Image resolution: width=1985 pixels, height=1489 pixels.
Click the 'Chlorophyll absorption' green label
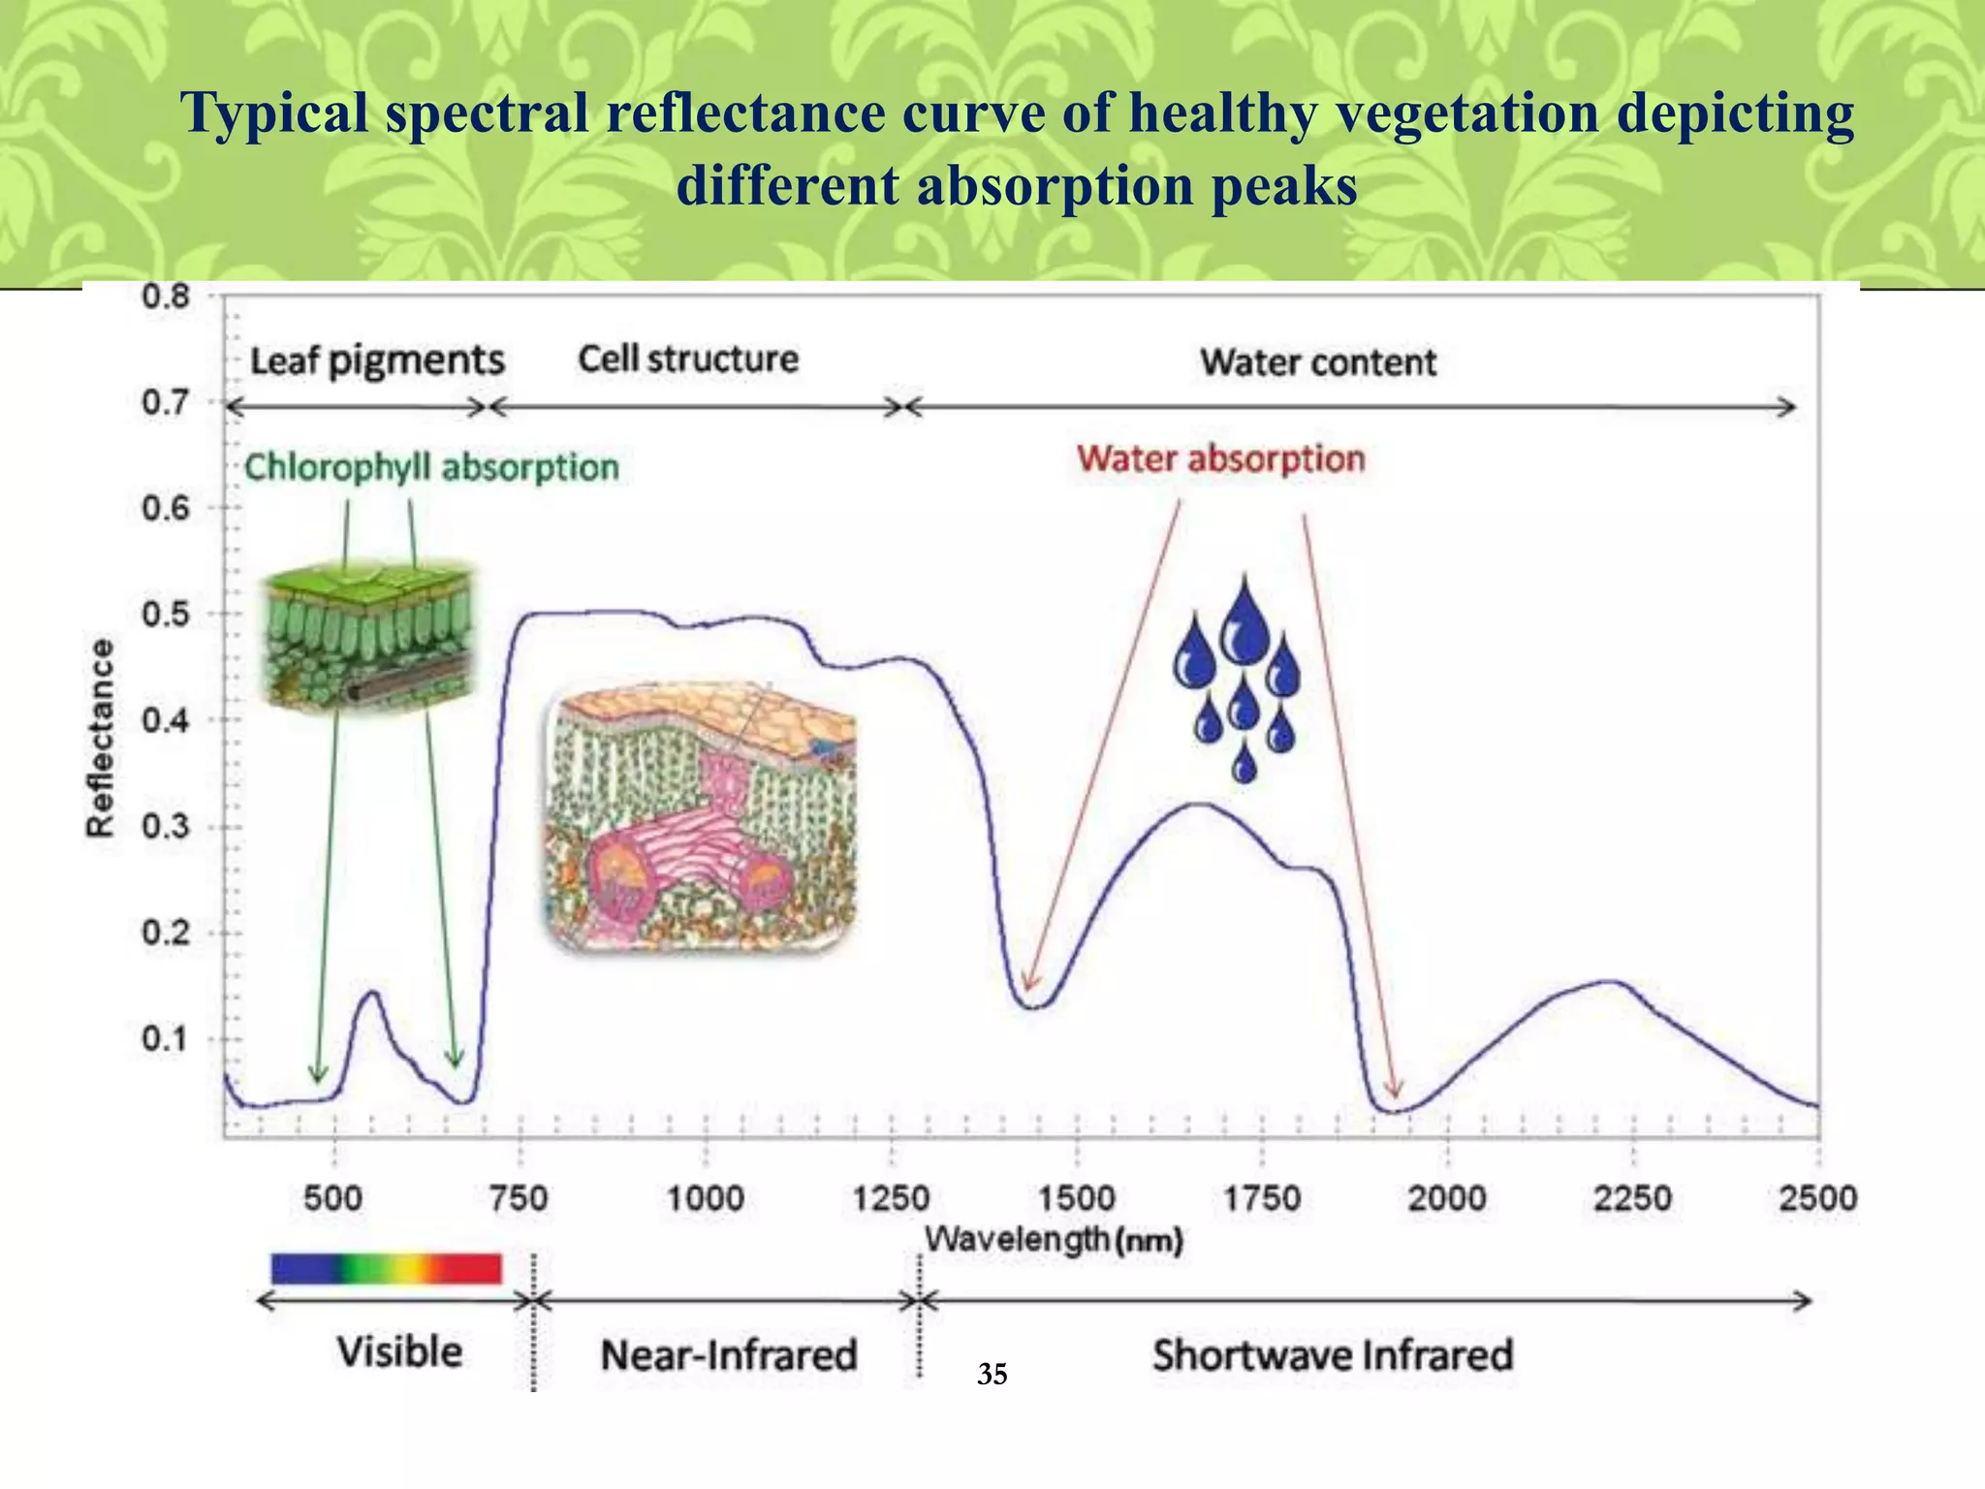pyautogui.click(x=431, y=467)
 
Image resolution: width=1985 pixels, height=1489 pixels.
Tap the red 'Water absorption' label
pyautogui.click(x=1221, y=459)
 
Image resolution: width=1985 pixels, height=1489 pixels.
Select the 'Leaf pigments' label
pyautogui.click(x=377, y=361)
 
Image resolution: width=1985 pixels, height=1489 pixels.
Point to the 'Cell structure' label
pyautogui.click(x=688, y=359)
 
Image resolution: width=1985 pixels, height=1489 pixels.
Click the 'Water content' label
pyautogui.click(x=1318, y=363)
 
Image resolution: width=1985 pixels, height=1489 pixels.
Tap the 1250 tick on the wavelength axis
pyautogui.click(x=891, y=1199)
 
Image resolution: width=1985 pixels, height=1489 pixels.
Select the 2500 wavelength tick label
pyautogui.click(x=1817, y=1199)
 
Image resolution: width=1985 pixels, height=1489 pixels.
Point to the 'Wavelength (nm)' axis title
pyautogui.click(x=1054, y=1240)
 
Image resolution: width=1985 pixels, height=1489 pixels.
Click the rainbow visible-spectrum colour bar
pyautogui.click(x=387, y=1268)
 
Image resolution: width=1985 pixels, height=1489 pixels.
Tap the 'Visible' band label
pyautogui.click(x=399, y=1351)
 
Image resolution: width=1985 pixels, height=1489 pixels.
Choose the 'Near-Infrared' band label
pyautogui.click(x=729, y=1355)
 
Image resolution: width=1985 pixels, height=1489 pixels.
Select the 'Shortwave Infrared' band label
pyautogui.click(x=1333, y=1355)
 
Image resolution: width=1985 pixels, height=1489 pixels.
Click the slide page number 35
pyautogui.click(x=992, y=1375)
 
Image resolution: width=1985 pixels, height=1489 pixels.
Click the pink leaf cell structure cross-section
pyautogui.click(x=701, y=816)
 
